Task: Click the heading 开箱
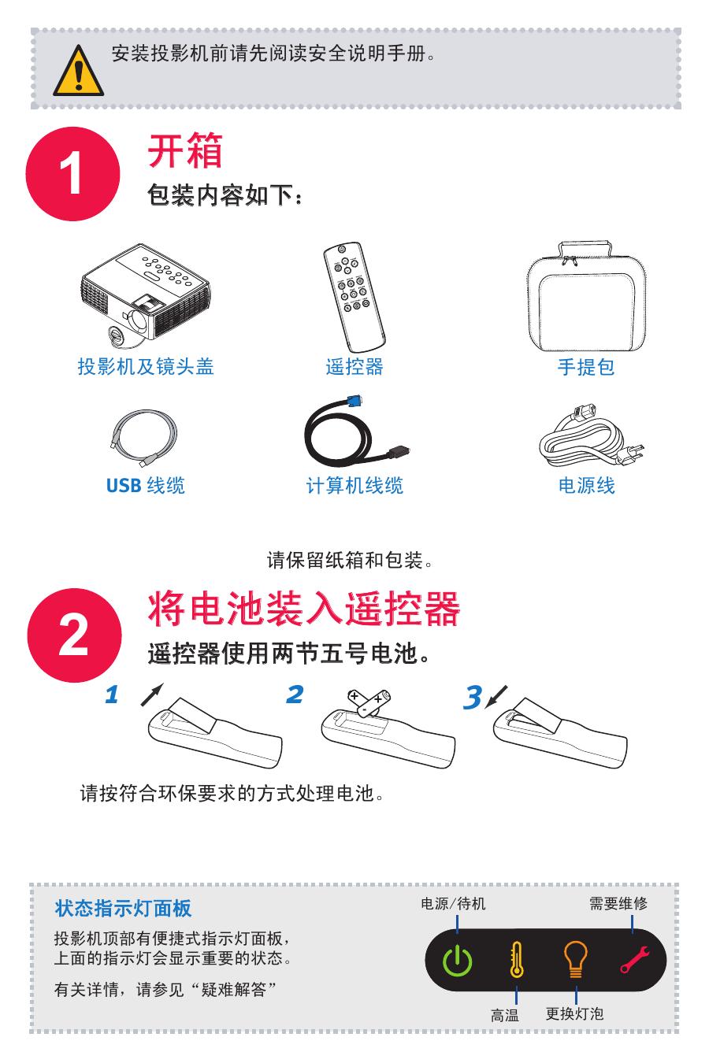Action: point(186,150)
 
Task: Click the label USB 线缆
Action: point(146,486)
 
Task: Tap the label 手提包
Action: point(585,367)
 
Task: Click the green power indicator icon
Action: point(457,961)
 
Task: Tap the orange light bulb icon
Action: point(576,960)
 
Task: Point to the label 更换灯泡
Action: point(574,1014)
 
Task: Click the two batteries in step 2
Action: point(369,701)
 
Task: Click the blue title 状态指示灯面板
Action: point(123,908)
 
